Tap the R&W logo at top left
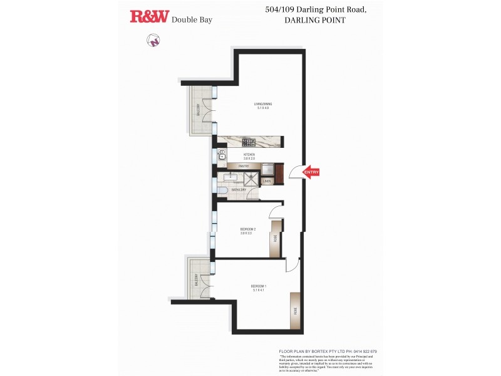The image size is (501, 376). [149, 17]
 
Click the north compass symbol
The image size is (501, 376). [153, 41]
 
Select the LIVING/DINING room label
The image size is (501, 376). [262, 106]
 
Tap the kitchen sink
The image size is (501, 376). [222, 155]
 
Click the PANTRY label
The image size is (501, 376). [244, 166]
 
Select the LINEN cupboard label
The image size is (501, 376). [266, 181]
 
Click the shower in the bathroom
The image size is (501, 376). [250, 179]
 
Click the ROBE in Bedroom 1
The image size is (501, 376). [295, 311]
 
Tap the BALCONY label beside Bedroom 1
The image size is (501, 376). [196, 279]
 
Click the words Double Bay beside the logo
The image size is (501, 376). [192, 19]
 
